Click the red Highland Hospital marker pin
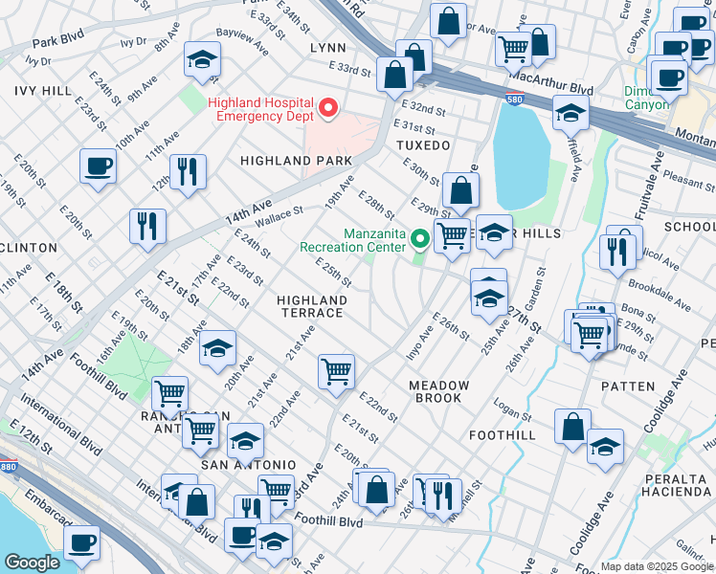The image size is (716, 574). (x=330, y=107)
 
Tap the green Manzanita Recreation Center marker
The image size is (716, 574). (x=419, y=237)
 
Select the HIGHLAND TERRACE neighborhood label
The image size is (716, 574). (x=310, y=306)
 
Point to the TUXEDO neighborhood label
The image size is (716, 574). (x=422, y=145)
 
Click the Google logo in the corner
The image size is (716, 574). (x=31, y=563)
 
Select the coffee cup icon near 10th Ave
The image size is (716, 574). (x=98, y=166)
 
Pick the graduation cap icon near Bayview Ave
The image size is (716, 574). (x=202, y=60)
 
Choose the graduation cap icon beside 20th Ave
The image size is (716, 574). (x=217, y=346)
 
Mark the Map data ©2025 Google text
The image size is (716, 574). (x=657, y=566)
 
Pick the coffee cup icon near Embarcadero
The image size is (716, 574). (x=81, y=541)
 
